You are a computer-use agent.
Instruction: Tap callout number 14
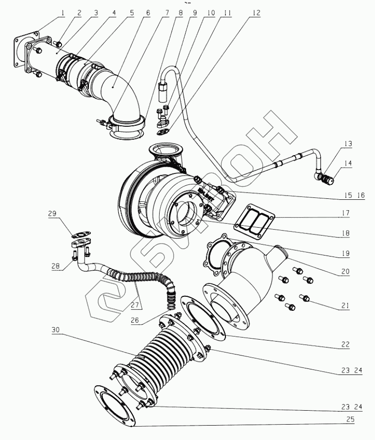(348, 163)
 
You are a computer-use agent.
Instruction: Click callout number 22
(346, 344)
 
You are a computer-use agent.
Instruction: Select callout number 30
(56, 330)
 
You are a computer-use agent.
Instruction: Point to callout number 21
(346, 305)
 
